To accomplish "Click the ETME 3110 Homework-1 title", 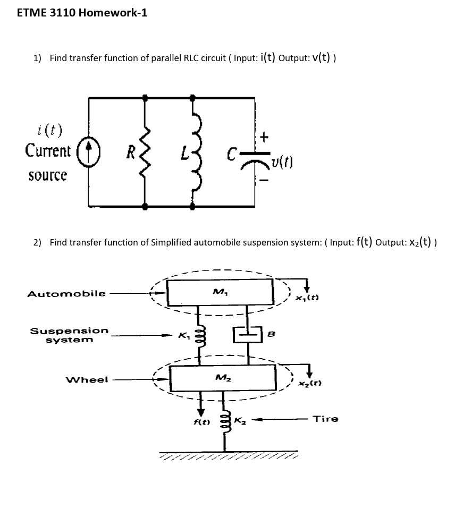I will [82, 13].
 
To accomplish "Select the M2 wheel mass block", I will [222, 378].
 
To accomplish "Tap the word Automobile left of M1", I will [66, 293].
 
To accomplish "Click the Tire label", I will [325, 419].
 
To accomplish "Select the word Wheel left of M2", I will [86, 379].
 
